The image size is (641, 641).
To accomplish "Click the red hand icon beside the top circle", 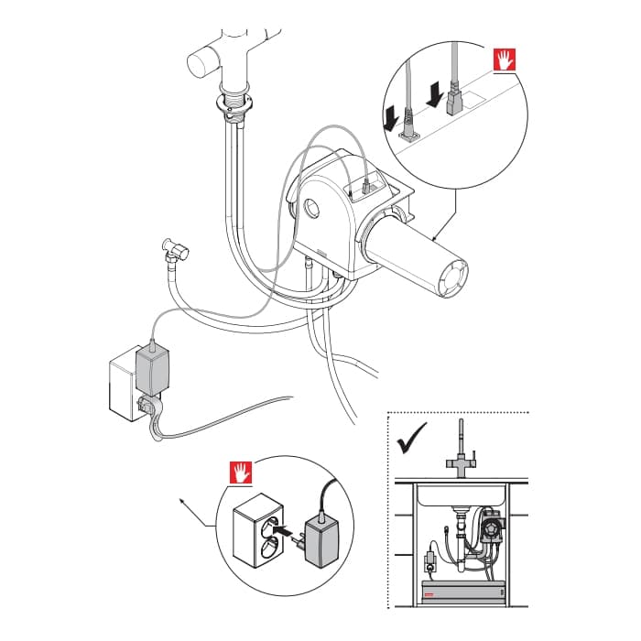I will [x=505, y=60].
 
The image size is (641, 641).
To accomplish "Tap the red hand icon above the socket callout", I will [x=242, y=473].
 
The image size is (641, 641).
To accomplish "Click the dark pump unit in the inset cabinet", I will [x=492, y=530].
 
